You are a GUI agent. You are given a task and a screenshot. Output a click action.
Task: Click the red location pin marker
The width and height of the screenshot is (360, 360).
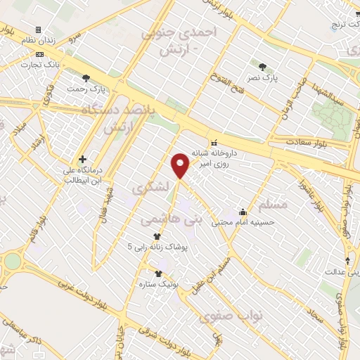pyautogui.click(x=181, y=165)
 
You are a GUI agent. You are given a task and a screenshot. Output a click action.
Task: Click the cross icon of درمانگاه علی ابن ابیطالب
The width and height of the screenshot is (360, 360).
pyautogui.click(x=83, y=160)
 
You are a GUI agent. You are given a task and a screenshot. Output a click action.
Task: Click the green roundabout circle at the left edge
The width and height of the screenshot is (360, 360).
pyautogui.click(x=13, y=261)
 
